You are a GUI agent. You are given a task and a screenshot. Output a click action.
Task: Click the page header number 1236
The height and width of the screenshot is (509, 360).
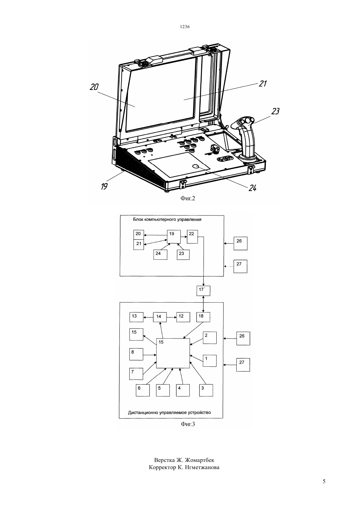(185, 26)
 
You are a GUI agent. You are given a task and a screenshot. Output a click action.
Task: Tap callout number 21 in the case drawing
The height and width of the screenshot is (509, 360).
(262, 84)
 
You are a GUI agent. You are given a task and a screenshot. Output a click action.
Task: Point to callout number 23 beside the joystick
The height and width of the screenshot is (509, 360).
(275, 111)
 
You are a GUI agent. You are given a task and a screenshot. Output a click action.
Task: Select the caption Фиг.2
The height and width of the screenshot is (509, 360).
(188, 198)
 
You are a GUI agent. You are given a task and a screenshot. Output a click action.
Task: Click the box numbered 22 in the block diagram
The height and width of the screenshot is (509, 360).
(192, 237)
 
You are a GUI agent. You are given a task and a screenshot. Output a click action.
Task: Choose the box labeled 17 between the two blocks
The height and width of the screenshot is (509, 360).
(203, 290)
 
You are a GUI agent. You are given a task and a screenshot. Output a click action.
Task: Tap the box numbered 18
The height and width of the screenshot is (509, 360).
(203, 317)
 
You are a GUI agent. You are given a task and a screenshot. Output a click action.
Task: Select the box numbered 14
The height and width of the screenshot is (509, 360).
(160, 317)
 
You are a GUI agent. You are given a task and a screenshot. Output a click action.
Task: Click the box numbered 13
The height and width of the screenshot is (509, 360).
(136, 317)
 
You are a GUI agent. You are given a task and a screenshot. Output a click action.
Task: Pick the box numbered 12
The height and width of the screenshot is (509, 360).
(183, 317)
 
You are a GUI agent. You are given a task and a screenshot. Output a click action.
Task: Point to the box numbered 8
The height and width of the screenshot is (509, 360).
(136, 354)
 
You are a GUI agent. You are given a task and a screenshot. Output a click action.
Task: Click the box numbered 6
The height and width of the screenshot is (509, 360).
(143, 390)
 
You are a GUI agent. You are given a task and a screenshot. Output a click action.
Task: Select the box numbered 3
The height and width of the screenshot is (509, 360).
(206, 390)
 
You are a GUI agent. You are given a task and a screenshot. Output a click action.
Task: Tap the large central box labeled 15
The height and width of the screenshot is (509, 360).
(173, 353)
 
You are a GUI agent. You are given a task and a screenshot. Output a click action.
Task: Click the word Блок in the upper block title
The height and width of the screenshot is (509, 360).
(138, 219)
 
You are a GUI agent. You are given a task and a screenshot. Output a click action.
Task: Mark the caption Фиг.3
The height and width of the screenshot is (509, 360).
(188, 424)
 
